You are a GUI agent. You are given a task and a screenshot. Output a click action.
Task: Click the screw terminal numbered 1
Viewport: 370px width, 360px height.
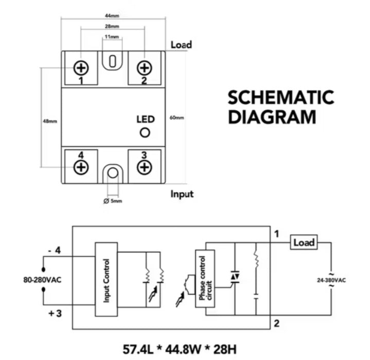point(81,67)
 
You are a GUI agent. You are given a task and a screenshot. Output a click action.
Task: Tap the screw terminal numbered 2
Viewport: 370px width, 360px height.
point(145,67)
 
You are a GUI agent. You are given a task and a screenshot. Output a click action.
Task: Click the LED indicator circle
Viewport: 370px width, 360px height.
point(145,133)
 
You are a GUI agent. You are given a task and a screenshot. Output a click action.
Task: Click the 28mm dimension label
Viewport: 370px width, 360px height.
point(112,26)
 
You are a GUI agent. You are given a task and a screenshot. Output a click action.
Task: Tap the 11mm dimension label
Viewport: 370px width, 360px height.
point(112,37)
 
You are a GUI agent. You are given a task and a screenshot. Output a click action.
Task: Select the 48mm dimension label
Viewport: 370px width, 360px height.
point(50,122)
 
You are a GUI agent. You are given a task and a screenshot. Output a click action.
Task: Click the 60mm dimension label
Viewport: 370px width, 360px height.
point(177,118)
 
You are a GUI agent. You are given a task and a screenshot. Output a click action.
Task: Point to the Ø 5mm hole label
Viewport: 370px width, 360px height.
point(113,201)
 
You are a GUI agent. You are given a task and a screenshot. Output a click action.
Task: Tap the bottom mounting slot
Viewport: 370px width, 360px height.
point(113,175)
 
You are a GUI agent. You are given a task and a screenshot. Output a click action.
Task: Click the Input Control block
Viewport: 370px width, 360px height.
point(107,280)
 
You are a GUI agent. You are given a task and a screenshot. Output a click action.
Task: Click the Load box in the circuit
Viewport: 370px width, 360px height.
point(303,242)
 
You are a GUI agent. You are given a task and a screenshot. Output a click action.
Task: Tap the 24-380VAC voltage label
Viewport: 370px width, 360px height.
point(332,280)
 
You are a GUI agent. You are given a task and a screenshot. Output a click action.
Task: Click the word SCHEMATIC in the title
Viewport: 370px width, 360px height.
point(280,97)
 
